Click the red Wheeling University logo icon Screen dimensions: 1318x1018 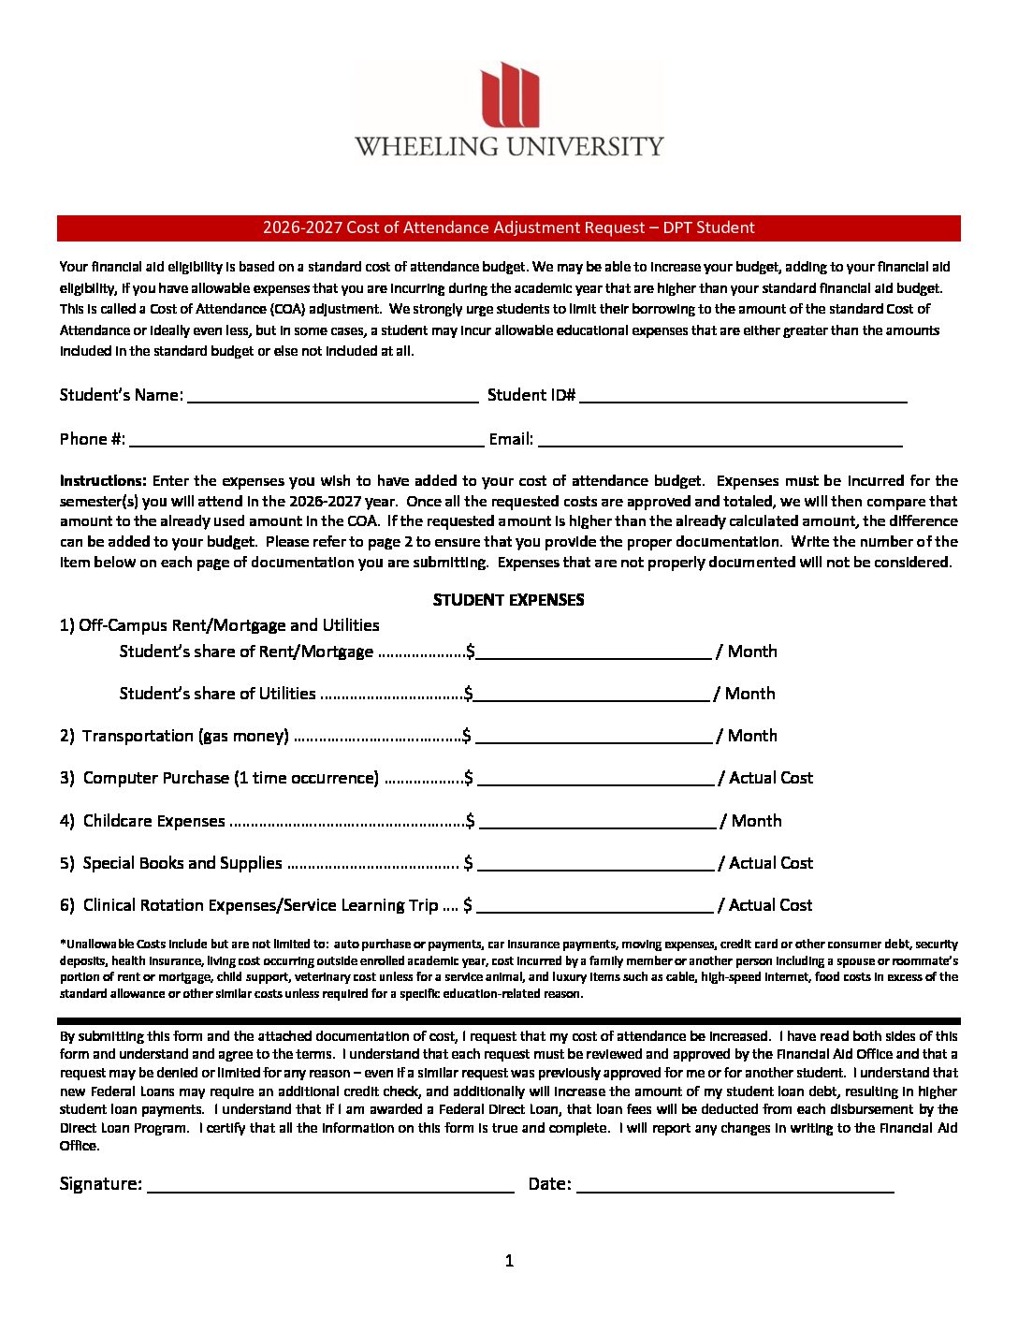[x=510, y=95]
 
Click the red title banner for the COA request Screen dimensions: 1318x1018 [x=508, y=227]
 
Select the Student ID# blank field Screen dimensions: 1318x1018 [x=743, y=396]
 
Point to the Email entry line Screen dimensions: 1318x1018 [x=720, y=440]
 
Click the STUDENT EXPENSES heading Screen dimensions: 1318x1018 [x=508, y=600]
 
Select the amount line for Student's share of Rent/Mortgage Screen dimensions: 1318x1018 [x=592, y=652]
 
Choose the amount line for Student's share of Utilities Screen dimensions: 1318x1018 [x=590, y=695]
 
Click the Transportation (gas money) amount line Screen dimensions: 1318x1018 [x=593, y=737]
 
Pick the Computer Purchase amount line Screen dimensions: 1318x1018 [x=595, y=779]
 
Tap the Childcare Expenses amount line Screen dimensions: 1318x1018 [x=596, y=822]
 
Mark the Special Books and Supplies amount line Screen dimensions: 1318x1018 [x=595, y=864]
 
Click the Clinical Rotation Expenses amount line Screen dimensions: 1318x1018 [x=594, y=906]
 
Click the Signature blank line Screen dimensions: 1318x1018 [x=330, y=1185]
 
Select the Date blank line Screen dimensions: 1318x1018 [x=734, y=1185]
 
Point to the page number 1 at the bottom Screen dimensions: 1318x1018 [x=509, y=1261]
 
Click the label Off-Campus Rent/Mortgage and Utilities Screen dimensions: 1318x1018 [x=228, y=625]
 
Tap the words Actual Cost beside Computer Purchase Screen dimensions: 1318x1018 [x=771, y=778]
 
